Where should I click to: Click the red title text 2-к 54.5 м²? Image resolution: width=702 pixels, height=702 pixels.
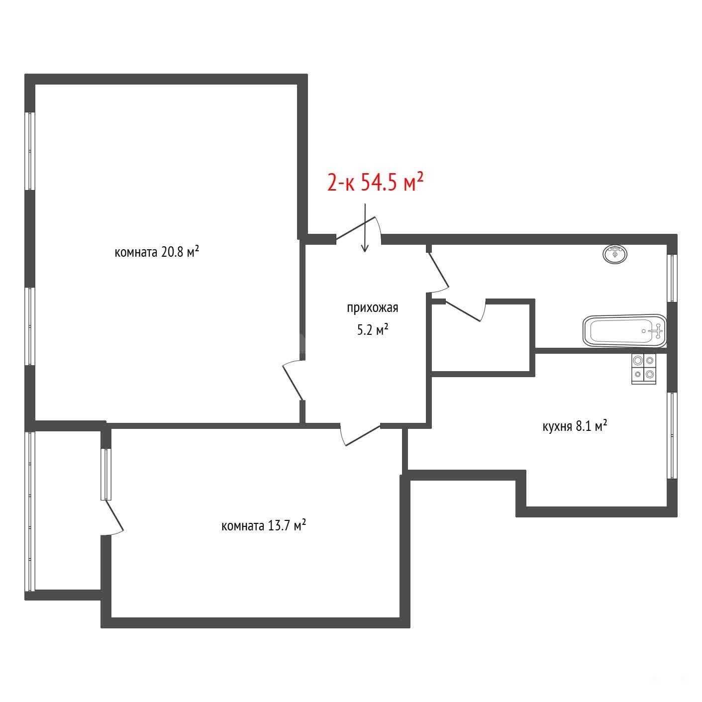pyautogui.click(x=375, y=182)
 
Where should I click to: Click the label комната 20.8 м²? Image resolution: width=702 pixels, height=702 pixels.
pyautogui.click(x=157, y=251)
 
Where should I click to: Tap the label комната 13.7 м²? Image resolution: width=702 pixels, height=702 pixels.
pyautogui.click(x=263, y=525)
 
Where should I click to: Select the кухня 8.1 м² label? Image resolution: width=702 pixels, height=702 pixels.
pyautogui.click(x=575, y=426)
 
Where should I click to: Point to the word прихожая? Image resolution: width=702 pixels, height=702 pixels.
pyautogui.click(x=372, y=308)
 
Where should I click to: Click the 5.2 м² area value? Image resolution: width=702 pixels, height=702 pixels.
pyautogui.click(x=372, y=330)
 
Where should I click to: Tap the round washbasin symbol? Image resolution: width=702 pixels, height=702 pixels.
pyautogui.click(x=615, y=254)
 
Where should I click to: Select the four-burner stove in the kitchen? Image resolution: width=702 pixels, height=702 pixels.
pyautogui.click(x=644, y=368)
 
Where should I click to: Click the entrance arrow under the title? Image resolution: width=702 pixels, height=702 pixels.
pyautogui.click(x=365, y=228)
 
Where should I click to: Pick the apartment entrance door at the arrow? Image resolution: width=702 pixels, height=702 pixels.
pyautogui.click(x=359, y=230)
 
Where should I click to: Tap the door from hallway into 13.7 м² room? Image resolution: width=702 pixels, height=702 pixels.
pyautogui.click(x=360, y=434)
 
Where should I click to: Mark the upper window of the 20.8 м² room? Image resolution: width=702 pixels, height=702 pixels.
pyautogui.click(x=30, y=151)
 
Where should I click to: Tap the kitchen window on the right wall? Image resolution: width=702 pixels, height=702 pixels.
pyautogui.click(x=672, y=436)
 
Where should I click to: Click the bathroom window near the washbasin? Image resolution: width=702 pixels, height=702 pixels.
pyautogui.click(x=672, y=278)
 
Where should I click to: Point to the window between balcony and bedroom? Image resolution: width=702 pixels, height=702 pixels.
pyautogui.click(x=105, y=474)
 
